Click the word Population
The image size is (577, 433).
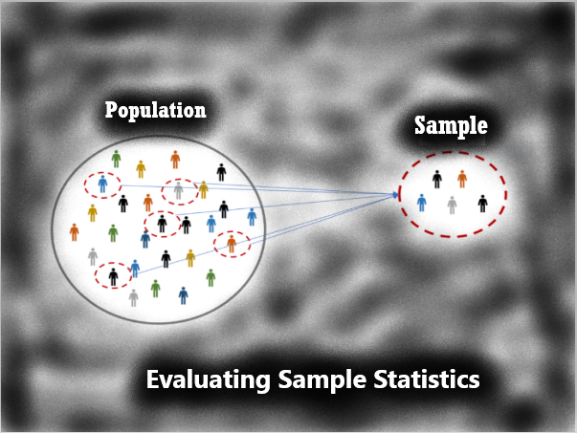(x=155, y=110)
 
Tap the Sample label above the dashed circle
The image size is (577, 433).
(x=451, y=126)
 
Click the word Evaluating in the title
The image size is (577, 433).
(x=209, y=379)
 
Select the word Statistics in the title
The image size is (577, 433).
(x=427, y=379)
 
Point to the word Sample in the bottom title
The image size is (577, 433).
(x=322, y=380)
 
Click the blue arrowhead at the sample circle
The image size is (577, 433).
(x=395, y=195)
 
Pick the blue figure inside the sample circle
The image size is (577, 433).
(x=422, y=203)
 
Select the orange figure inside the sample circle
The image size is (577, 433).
(x=462, y=179)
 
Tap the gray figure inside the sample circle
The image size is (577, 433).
(x=452, y=206)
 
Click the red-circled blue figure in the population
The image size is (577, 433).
(x=102, y=184)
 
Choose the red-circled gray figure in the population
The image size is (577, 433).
(x=179, y=191)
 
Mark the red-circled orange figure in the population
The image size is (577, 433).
(x=232, y=244)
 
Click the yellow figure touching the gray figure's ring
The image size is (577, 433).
(x=203, y=189)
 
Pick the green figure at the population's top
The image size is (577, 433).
(x=117, y=159)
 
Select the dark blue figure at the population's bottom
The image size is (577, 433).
(x=184, y=295)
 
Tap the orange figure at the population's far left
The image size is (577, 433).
(x=75, y=232)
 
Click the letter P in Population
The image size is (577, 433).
(x=110, y=109)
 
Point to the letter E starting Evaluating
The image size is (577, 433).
(x=152, y=379)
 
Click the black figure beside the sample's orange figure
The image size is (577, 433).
(x=437, y=180)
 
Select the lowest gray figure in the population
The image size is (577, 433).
(x=134, y=298)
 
